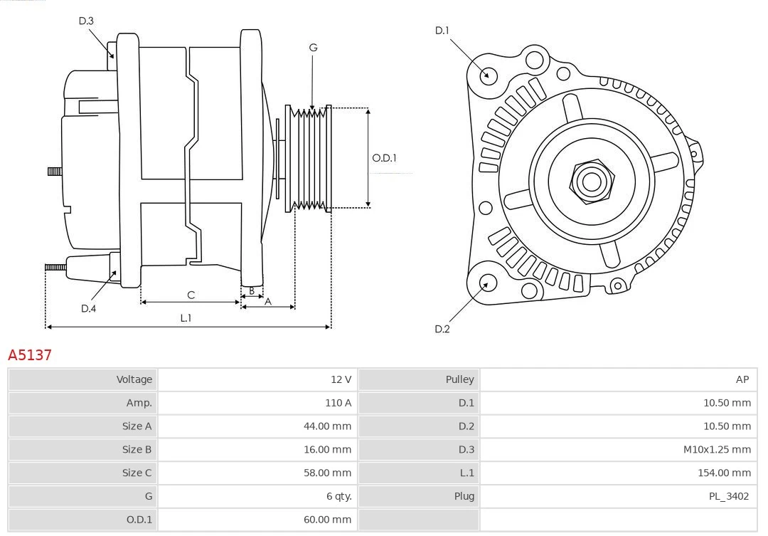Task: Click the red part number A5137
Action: [30, 354]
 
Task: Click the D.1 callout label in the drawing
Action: [442, 30]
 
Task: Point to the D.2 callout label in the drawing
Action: [442, 329]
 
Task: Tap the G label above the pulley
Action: [313, 48]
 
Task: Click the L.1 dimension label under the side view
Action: [186, 318]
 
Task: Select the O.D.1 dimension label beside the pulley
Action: [384, 158]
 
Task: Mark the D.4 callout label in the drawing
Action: [88, 308]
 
